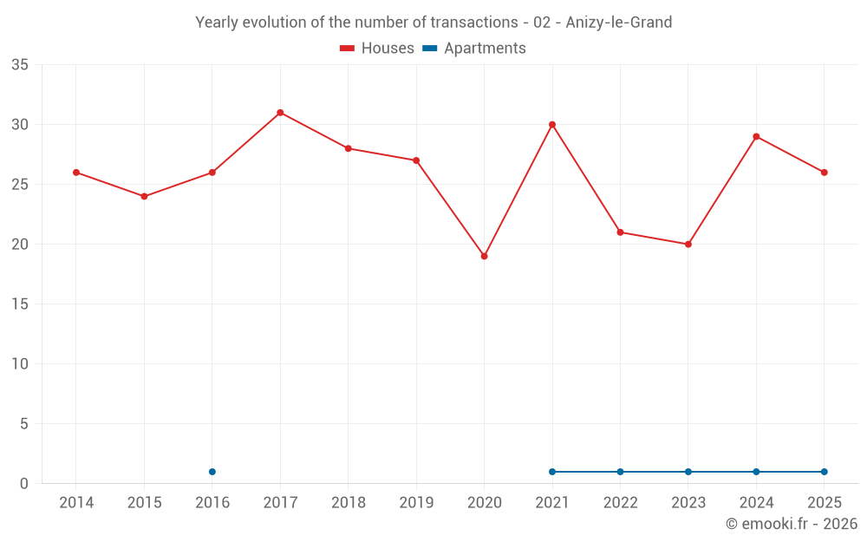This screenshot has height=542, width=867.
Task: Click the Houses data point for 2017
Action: tap(280, 113)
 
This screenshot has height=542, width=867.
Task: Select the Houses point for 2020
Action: tap(485, 257)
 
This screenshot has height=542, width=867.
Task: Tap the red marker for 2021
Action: tap(552, 125)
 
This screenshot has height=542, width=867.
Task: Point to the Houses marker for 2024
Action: tap(756, 137)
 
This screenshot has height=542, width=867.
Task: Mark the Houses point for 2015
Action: tap(144, 196)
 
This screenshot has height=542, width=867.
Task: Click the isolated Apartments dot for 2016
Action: tap(212, 472)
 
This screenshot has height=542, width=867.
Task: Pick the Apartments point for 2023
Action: tap(688, 472)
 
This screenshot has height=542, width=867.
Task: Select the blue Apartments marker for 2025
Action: tap(825, 472)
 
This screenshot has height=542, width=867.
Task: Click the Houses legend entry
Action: tap(377, 48)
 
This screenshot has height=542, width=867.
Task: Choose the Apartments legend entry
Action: tap(474, 48)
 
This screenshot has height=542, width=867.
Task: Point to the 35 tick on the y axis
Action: tap(20, 65)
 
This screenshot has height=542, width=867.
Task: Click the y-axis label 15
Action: tap(20, 304)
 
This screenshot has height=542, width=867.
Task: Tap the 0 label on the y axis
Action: tap(23, 484)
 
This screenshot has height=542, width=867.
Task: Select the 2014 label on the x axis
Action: tap(76, 502)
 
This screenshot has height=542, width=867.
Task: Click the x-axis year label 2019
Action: tap(416, 502)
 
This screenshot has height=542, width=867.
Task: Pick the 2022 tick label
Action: tap(621, 502)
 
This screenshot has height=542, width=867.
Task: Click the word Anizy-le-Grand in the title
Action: tap(619, 23)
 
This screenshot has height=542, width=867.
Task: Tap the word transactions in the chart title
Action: tap(474, 23)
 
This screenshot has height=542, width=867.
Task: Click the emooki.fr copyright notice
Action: tap(792, 524)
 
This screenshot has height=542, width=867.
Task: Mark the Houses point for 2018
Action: tap(349, 149)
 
